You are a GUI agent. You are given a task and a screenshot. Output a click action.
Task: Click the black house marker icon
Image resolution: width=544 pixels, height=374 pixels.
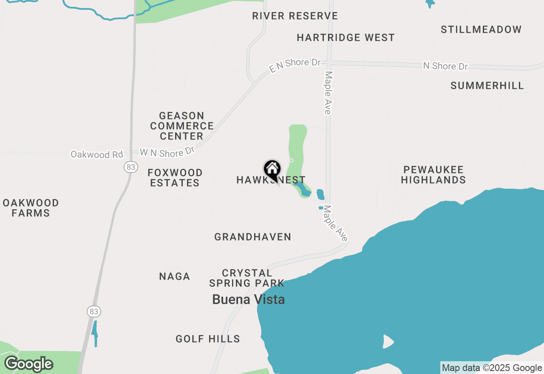pyautogui.click(x=272, y=170)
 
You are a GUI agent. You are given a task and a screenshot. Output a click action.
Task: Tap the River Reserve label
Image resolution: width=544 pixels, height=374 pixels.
pyautogui.click(x=295, y=16)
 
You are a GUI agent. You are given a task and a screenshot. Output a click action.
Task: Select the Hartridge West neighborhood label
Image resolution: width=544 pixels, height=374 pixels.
pyautogui.click(x=346, y=38)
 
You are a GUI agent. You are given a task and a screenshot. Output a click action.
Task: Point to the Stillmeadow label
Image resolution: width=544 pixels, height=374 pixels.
pyautogui.click(x=481, y=30)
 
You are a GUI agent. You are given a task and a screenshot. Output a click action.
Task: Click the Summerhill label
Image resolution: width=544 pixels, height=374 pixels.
pyautogui.click(x=487, y=85)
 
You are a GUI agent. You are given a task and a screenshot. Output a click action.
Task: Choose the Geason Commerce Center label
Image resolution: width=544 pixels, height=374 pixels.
pyautogui.click(x=182, y=126)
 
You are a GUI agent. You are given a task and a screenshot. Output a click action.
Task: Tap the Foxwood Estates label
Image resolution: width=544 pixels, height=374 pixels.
pyautogui.click(x=175, y=178)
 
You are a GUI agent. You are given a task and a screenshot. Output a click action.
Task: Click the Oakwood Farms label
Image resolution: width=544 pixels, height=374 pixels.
pyautogui.click(x=31, y=208)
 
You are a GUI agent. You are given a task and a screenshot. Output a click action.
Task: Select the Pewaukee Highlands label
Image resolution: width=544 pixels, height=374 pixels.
pyautogui.click(x=433, y=175)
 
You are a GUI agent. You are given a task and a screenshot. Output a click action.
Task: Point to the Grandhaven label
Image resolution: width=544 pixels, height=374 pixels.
pyautogui.click(x=253, y=237)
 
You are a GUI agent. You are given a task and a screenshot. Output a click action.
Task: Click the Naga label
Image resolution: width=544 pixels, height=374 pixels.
pyautogui.click(x=174, y=277)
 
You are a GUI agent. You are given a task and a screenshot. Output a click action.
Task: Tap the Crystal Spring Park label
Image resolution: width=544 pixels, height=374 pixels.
pyautogui.click(x=246, y=278)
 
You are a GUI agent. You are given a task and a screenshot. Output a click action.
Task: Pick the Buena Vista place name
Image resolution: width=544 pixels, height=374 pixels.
pyautogui.click(x=249, y=300)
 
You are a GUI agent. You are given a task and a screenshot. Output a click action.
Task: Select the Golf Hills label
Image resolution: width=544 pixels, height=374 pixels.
pyautogui.click(x=208, y=339)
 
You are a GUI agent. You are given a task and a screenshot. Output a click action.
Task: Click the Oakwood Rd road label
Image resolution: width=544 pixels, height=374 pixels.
pyautogui.click(x=96, y=155)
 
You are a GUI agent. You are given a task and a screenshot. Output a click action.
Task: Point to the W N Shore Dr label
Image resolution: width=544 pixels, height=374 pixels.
pyautogui.click(x=167, y=152)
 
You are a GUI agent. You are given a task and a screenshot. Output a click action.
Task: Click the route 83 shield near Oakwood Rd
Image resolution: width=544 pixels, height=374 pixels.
pyautogui.click(x=130, y=167)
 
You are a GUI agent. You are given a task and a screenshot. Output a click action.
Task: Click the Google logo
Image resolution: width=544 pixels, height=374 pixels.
pyautogui.click(x=28, y=364)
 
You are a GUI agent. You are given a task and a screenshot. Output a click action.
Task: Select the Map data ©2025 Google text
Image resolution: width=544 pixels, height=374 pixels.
pyautogui.click(x=492, y=368)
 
